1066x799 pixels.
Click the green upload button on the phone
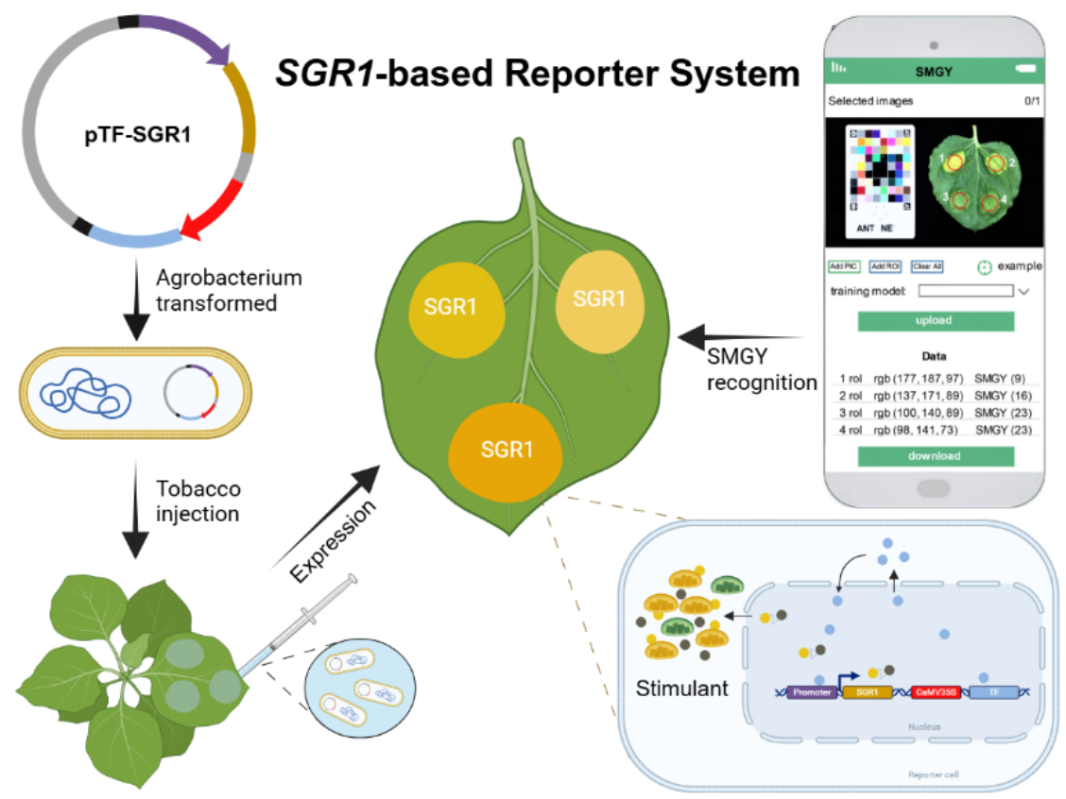tap(935, 321)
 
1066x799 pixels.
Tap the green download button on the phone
tap(935, 456)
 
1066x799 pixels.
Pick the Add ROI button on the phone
tap(885, 266)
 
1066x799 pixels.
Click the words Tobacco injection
tap(198, 501)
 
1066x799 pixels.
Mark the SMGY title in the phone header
tap(935, 71)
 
